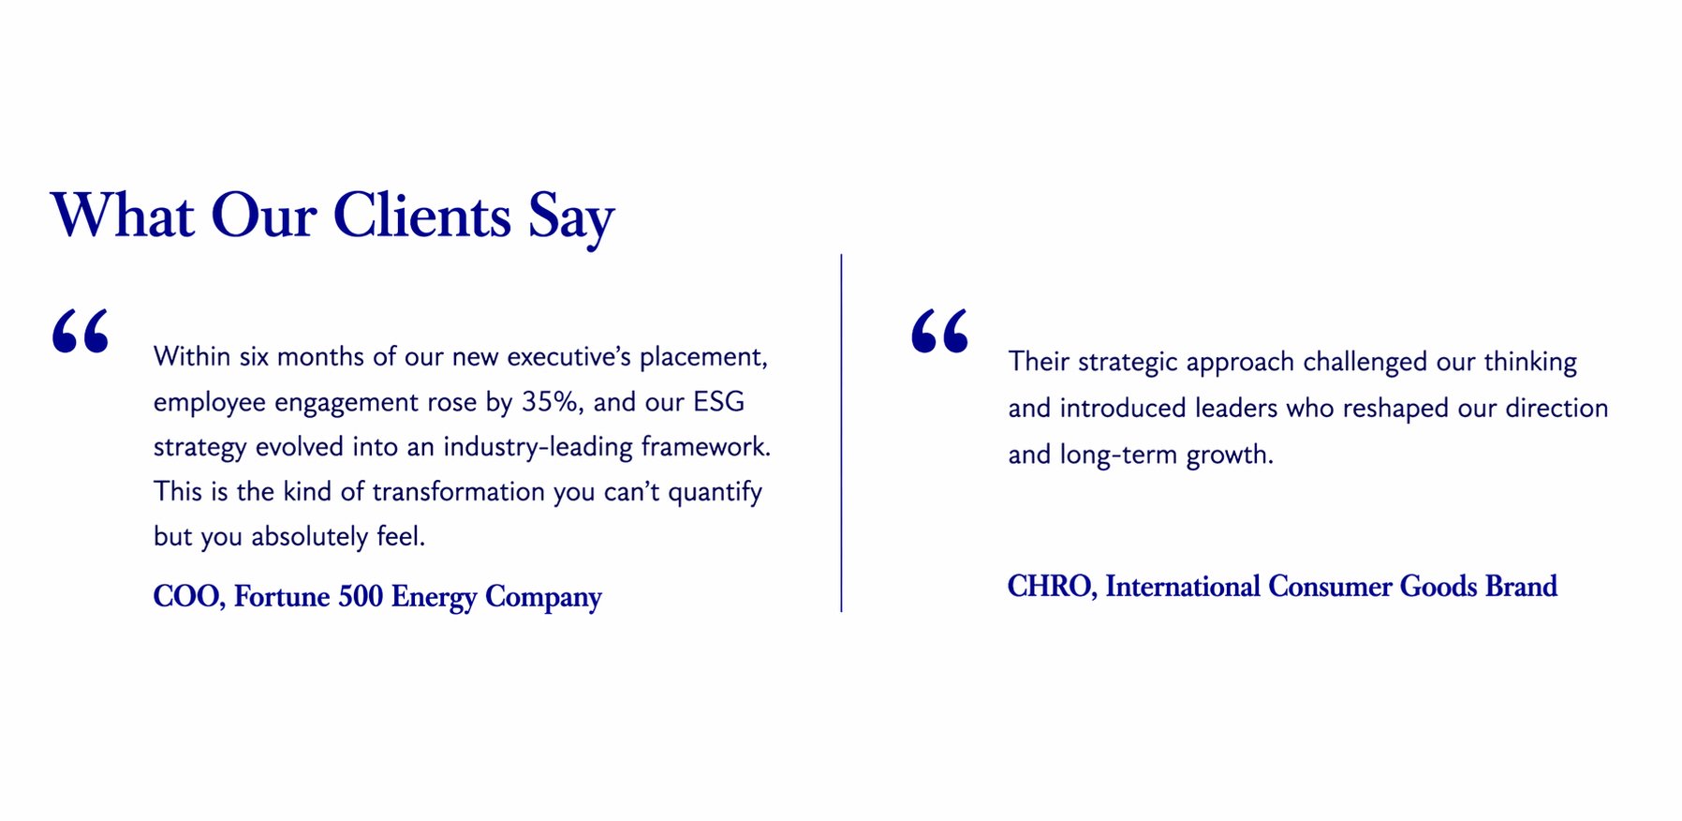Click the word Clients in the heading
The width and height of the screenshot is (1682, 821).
pos(422,216)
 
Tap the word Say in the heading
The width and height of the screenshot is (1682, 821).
pos(571,220)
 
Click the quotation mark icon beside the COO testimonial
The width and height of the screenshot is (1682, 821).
pos(81,331)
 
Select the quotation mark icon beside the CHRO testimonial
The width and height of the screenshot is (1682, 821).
pos(939,331)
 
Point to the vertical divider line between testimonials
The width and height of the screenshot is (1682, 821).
pos(841,433)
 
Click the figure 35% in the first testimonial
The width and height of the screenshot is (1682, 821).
pos(552,401)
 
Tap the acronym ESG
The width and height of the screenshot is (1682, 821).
pos(718,401)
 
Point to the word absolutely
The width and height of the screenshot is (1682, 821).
pos(309,537)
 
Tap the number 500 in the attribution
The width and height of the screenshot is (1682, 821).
pos(361,597)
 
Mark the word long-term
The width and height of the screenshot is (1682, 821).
pos(1118,455)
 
